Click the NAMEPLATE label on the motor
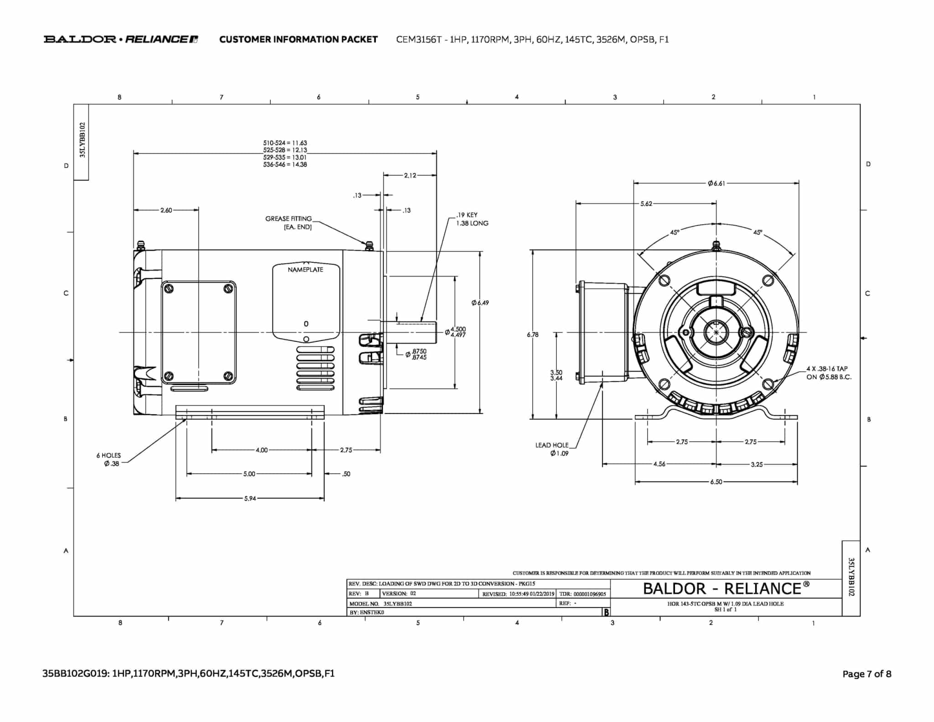coord(305,270)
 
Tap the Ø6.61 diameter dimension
coord(716,183)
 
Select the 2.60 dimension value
coord(166,210)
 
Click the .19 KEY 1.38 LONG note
coord(472,219)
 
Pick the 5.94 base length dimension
coord(250,498)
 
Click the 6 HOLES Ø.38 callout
coord(109,460)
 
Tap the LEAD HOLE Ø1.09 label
coord(552,449)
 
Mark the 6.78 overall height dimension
coord(532,335)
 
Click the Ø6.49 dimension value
coord(480,303)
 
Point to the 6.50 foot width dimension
coord(716,482)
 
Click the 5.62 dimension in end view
coord(646,204)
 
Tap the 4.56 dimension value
coord(659,464)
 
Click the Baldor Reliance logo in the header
coord(121,39)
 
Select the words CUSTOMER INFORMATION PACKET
coord(298,40)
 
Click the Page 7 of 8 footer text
coord(867,674)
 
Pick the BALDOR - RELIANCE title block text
coord(726,589)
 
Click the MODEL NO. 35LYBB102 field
coord(381,603)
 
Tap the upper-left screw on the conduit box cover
coord(169,288)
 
